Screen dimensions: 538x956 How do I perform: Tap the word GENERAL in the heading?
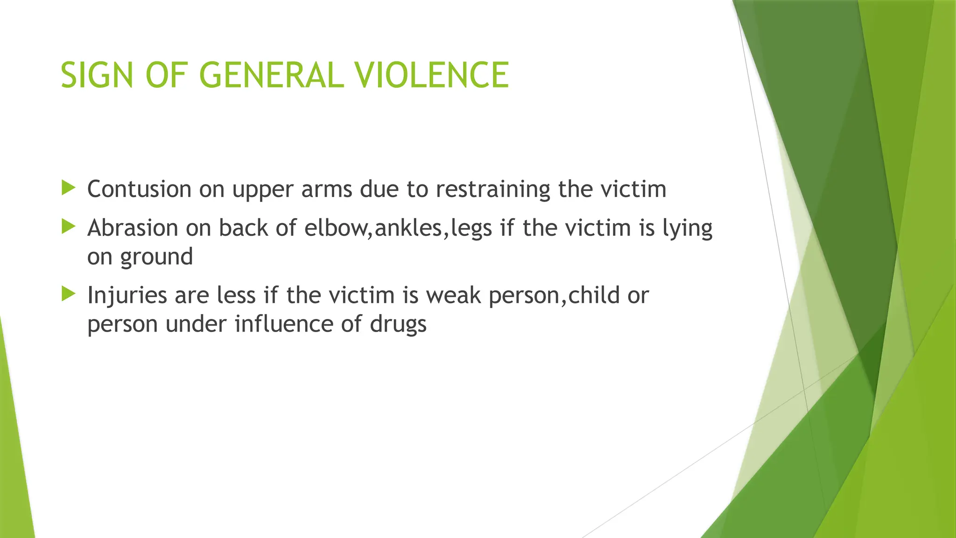click(x=272, y=75)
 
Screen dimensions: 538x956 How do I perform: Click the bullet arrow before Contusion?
click(x=68, y=188)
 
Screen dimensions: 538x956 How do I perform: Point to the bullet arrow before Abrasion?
click(x=68, y=227)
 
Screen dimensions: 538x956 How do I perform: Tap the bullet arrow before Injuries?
click(x=68, y=294)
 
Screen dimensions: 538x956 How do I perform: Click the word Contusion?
click(x=139, y=189)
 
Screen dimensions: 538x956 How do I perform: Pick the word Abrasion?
click(x=133, y=228)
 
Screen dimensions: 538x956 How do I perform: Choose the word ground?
click(x=156, y=257)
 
